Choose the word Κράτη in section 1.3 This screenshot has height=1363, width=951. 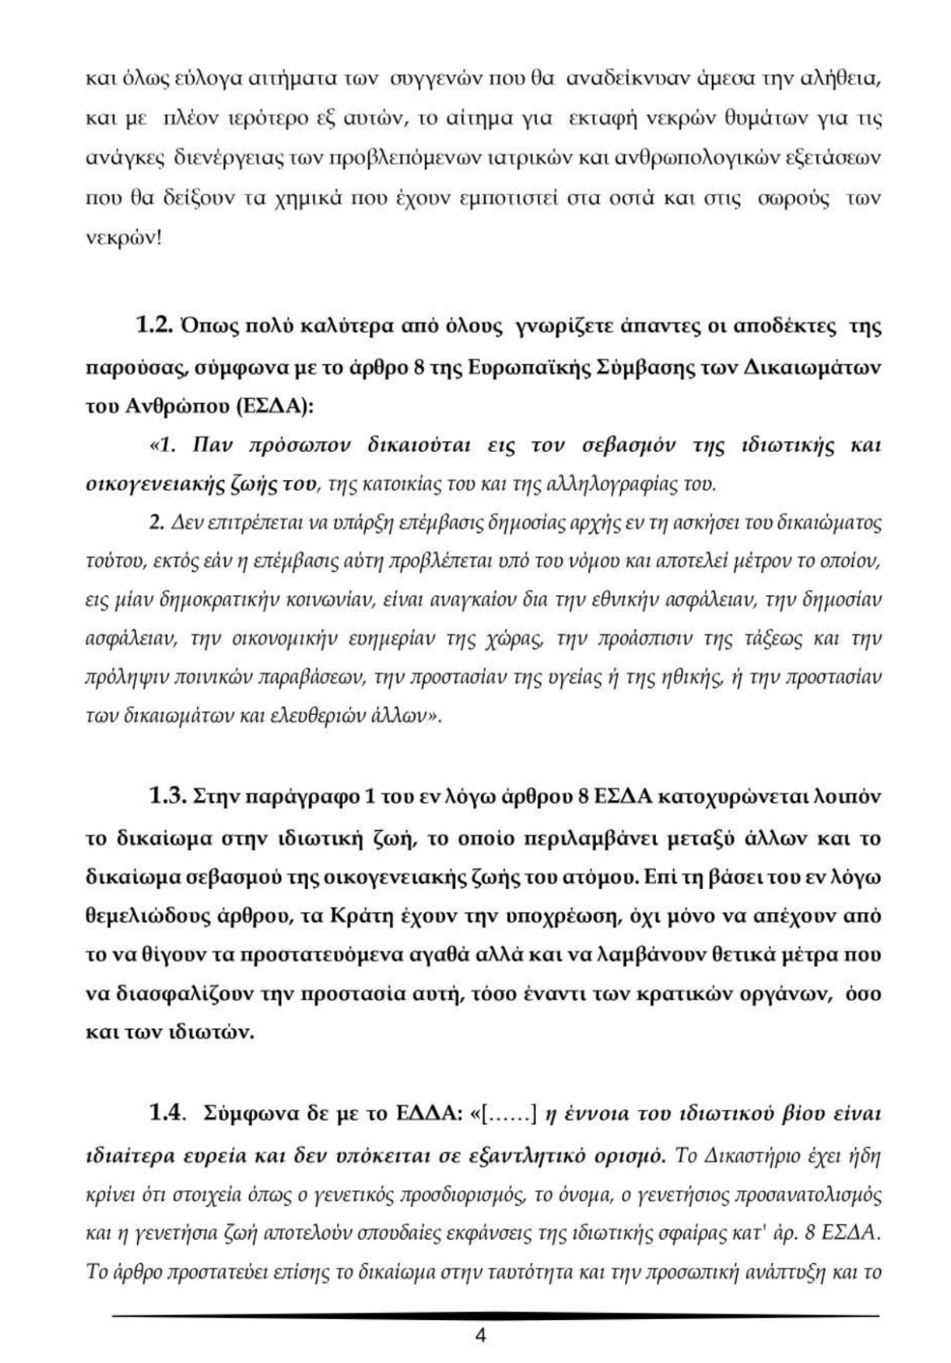click(x=362, y=916)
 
